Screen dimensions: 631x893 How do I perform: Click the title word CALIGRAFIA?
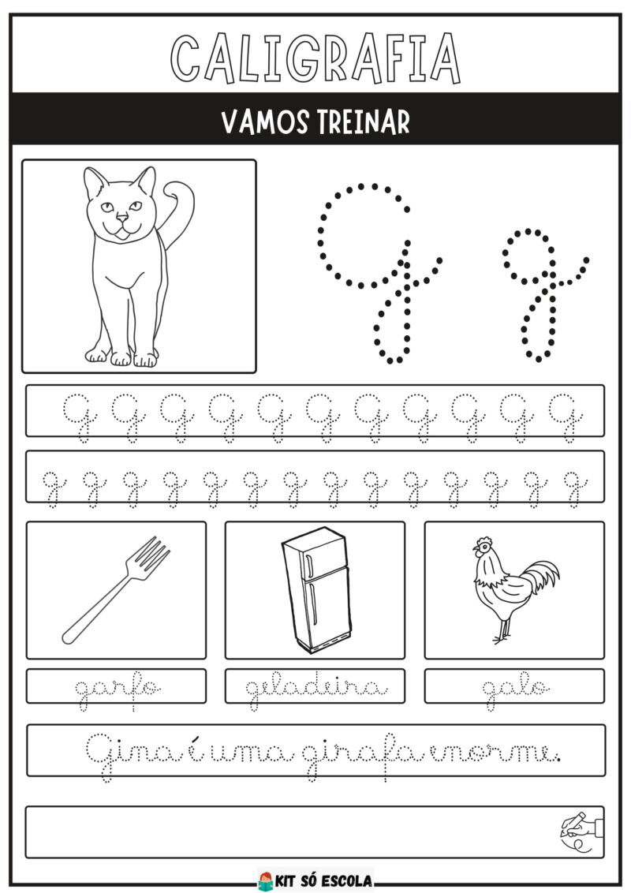click(x=315, y=58)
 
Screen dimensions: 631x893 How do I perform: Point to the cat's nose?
click(x=122, y=216)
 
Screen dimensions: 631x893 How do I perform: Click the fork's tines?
click(x=151, y=555)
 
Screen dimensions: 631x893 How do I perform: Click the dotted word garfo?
click(x=118, y=691)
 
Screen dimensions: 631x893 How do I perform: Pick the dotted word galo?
click(x=516, y=691)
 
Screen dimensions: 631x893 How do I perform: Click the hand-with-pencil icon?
click(x=581, y=831)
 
